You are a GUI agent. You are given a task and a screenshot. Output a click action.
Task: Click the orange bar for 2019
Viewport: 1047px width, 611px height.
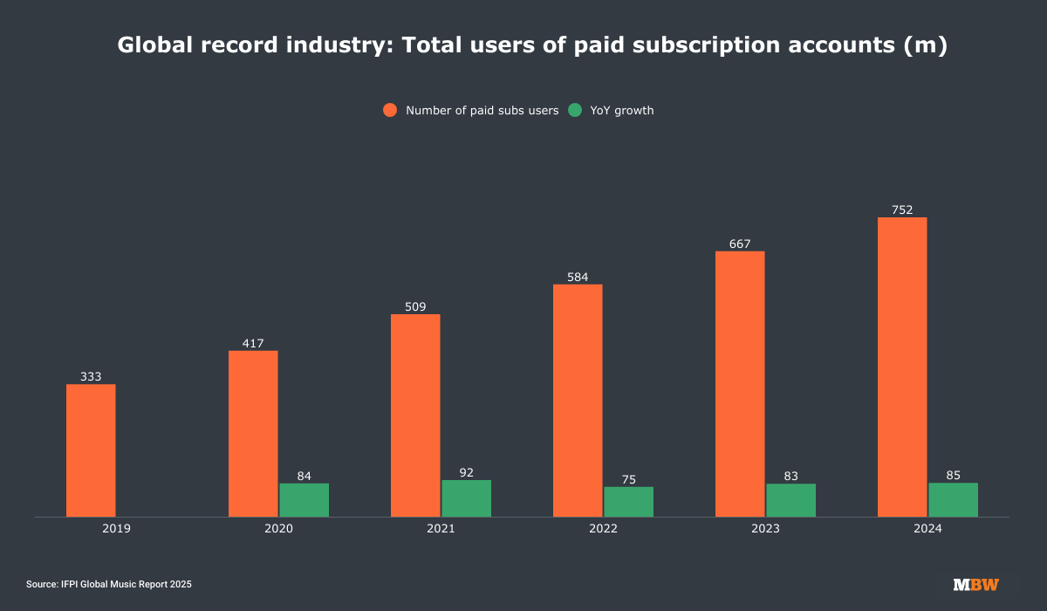click(91, 450)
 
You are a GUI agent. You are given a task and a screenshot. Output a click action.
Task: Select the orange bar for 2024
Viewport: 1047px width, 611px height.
click(902, 367)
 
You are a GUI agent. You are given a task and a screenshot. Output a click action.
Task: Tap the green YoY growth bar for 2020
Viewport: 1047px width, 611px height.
click(304, 500)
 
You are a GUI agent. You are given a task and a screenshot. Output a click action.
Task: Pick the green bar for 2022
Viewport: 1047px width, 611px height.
click(628, 502)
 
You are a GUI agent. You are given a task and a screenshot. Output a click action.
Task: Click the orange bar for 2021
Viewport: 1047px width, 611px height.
click(415, 415)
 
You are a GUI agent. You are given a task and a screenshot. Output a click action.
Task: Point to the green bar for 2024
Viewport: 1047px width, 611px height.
click(953, 500)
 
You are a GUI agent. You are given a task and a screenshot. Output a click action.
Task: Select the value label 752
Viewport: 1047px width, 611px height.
click(902, 209)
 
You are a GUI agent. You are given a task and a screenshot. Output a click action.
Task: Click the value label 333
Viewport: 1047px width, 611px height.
click(91, 377)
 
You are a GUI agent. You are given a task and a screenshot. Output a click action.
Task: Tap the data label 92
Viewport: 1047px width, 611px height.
click(466, 472)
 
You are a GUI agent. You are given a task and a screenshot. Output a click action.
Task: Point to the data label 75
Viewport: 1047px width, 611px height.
click(628, 479)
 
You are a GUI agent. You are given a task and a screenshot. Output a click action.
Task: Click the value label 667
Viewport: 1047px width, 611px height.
click(740, 244)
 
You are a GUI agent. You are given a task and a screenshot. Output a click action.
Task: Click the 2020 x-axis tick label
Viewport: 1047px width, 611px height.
click(278, 529)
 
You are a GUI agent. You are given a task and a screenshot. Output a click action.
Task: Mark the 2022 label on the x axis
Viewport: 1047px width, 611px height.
click(603, 529)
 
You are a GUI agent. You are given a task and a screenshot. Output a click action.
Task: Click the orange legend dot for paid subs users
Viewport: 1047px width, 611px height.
click(390, 110)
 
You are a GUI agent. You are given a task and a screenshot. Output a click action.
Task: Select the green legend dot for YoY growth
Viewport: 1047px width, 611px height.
click(575, 110)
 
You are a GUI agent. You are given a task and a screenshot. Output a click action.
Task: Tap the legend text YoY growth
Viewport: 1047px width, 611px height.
click(622, 110)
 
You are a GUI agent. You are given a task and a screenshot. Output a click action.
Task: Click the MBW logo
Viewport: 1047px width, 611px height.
click(975, 584)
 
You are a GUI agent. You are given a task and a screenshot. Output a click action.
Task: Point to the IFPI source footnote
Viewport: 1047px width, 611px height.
click(108, 584)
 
